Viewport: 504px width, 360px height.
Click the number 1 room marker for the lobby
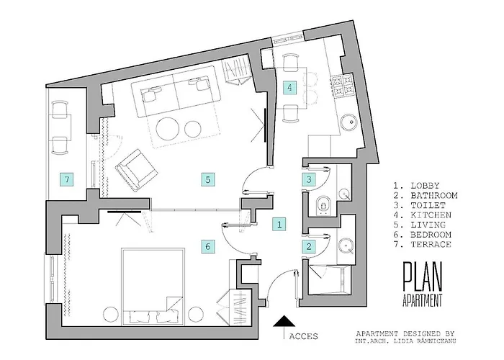click(279, 223)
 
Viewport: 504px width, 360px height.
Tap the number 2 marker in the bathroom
click(309, 246)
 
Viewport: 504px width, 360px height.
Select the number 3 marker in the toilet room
click(307, 179)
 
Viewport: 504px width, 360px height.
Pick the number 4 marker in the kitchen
click(290, 88)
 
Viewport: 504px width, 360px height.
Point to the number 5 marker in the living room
click(207, 179)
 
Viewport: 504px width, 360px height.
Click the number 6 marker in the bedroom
click(207, 246)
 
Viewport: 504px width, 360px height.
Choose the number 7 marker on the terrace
click(66, 179)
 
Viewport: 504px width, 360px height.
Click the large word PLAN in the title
click(423, 276)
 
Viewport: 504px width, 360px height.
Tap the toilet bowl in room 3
click(322, 203)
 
